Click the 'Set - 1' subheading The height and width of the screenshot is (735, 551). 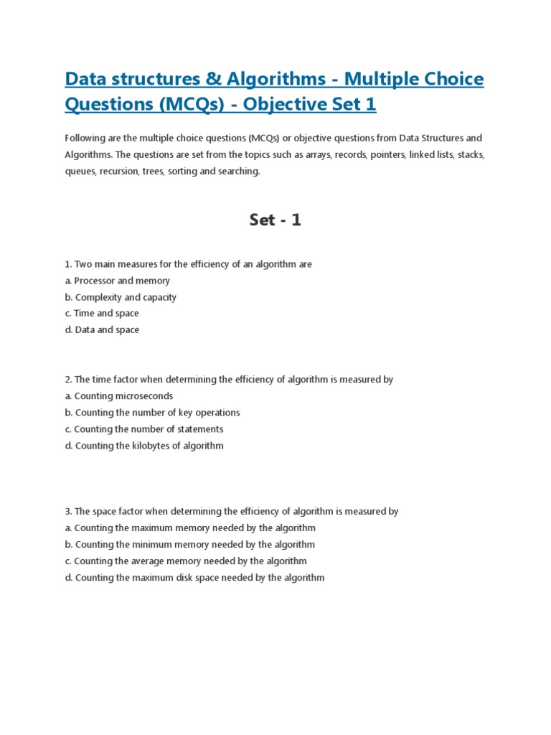275,220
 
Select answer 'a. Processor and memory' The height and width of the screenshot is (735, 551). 117,281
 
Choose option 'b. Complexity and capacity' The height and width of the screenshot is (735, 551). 121,297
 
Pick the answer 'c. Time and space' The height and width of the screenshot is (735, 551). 102,314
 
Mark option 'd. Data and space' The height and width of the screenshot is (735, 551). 102,330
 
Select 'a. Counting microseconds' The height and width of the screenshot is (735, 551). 118,396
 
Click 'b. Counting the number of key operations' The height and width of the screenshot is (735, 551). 152,413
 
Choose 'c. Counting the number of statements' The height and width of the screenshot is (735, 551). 143,429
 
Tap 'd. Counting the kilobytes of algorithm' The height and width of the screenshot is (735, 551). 144,446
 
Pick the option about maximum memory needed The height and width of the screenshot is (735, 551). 190,528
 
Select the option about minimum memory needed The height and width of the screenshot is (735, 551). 189,545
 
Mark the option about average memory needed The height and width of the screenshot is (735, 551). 186,561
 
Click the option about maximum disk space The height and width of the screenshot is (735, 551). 194,578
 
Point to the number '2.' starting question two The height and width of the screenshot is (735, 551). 68,380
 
